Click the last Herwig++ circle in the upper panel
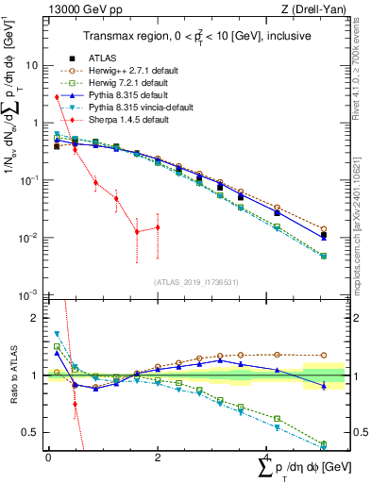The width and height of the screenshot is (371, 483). pyautogui.click(x=324, y=229)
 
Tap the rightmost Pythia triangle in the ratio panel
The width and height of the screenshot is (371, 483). pyautogui.click(x=324, y=386)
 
